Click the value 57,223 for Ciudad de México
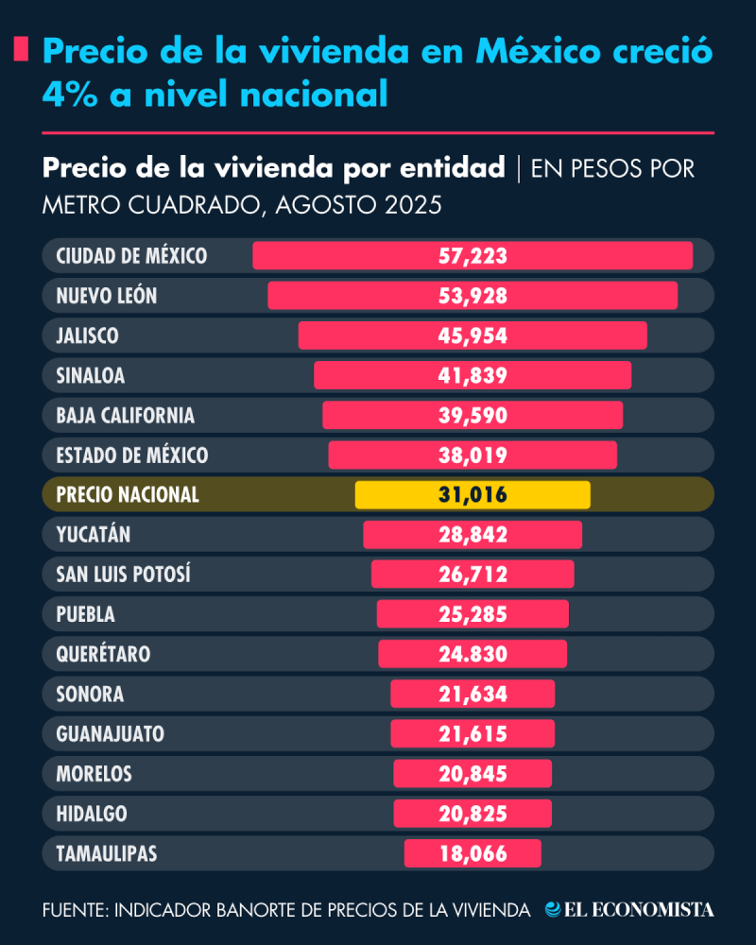click(x=472, y=256)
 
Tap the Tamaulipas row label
click(x=107, y=854)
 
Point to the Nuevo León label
click(x=107, y=296)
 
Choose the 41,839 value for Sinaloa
click(x=472, y=376)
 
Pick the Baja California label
click(x=126, y=416)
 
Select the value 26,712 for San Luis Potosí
click(x=472, y=575)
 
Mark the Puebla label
click(x=86, y=614)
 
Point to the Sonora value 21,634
click(x=472, y=695)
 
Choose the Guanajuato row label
click(x=111, y=734)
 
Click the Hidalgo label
click(x=92, y=814)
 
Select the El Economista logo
click(x=629, y=910)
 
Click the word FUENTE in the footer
click(x=73, y=910)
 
